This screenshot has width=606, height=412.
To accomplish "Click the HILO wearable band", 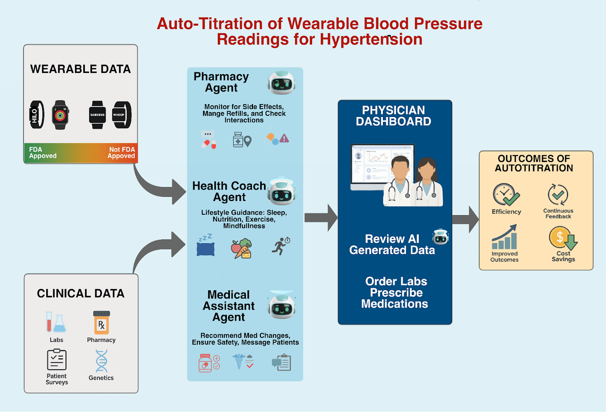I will [37, 114].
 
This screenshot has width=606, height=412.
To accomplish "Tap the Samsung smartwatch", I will [97, 114].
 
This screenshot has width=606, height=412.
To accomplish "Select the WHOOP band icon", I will [122, 114].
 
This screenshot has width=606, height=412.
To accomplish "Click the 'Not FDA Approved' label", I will [121, 153].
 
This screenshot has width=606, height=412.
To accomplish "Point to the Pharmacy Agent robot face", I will [281, 82].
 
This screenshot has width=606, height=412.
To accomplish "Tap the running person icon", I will [281, 246].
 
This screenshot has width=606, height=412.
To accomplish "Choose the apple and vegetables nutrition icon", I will [241, 248].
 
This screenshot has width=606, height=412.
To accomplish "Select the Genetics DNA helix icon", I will [101, 361].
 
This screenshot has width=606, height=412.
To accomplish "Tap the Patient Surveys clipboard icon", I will [57, 360].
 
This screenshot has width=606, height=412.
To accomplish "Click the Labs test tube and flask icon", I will [56, 322].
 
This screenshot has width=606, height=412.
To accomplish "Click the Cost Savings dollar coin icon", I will [562, 238].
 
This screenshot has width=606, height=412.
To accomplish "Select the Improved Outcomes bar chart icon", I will [504, 238].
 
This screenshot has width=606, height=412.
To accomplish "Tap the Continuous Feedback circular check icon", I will [558, 194].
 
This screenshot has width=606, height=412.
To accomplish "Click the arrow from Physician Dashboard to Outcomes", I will [466, 219].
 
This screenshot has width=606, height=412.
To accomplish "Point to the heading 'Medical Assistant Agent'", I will [228, 306].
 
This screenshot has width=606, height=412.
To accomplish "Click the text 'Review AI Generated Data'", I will [392, 244].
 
